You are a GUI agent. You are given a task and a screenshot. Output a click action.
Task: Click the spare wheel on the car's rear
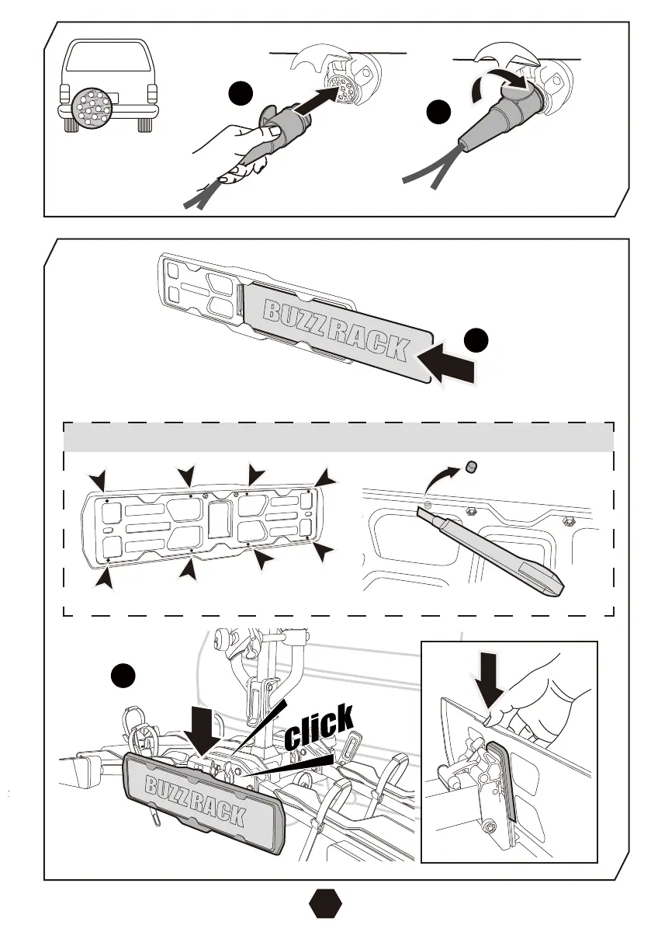click(93, 110)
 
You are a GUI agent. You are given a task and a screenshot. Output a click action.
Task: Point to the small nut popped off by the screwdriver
click(471, 468)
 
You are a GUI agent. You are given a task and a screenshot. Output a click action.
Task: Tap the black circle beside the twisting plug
click(439, 115)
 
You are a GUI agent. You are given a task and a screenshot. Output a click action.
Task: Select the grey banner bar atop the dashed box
click(338, 437)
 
